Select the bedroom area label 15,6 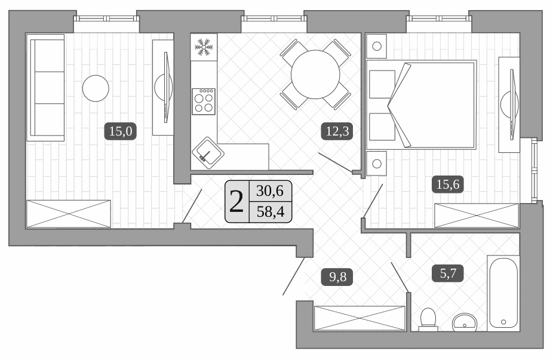coord(447,184)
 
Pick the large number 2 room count coord(236,201)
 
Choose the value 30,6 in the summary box coord(270,191)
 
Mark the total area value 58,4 coord(270,211)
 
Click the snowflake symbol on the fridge coord(204,47)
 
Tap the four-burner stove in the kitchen coord(204,101)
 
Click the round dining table coord(315,73)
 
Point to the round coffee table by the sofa coord(96,88)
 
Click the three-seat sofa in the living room coord(45,87)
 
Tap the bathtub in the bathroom coord(503,293)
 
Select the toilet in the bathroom coord(428,319)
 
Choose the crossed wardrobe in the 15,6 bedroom coord(477,215)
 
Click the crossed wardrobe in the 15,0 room coord(69,213)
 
